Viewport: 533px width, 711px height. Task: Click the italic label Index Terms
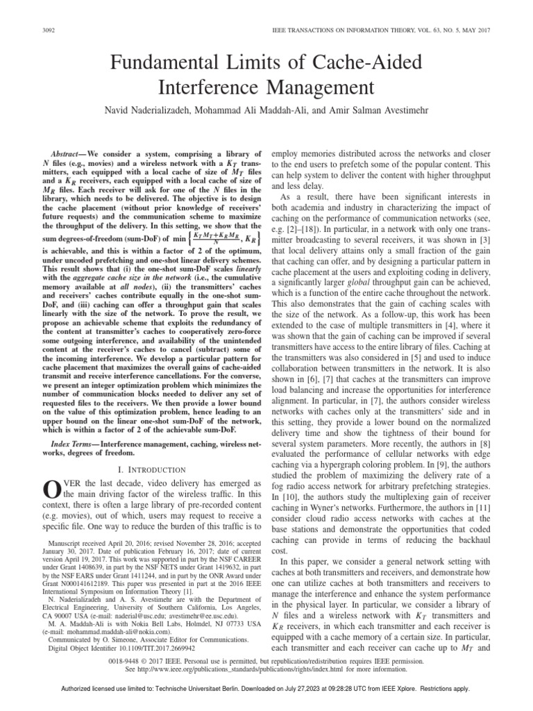coord(72,424)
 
